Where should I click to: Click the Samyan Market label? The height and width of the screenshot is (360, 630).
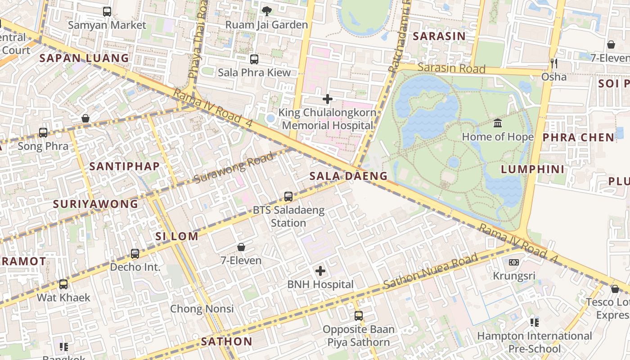(107, 25)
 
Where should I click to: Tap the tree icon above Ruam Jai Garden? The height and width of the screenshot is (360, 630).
(267, 10)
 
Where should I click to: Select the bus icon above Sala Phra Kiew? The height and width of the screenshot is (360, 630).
(254, 59)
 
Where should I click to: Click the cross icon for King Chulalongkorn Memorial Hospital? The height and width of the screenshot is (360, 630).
(328, 99)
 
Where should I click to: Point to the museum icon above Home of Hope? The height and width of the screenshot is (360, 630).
(498, 123)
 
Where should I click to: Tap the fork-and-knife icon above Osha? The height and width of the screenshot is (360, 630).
(553, 63)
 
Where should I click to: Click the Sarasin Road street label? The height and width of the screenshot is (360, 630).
(451, 68)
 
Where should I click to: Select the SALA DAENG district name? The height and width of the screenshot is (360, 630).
(348, 176)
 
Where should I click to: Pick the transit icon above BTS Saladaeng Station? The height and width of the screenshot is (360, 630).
(288, 197)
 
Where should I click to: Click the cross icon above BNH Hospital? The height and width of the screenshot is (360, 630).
(320, 271)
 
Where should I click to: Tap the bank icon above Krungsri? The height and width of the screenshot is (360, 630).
(514, 262)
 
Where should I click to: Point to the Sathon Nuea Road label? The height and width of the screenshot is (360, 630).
(430, 271)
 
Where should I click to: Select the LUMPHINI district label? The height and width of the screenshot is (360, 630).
(532, 169)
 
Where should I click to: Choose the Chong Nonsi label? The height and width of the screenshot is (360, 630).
(202, 309)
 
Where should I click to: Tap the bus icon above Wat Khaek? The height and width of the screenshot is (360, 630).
(63, 284)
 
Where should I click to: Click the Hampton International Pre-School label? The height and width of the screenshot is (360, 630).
(534, 342)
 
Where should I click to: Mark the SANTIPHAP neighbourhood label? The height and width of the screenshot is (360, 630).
(124, 166)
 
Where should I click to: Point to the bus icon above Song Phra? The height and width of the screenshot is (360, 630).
(43, 133)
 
